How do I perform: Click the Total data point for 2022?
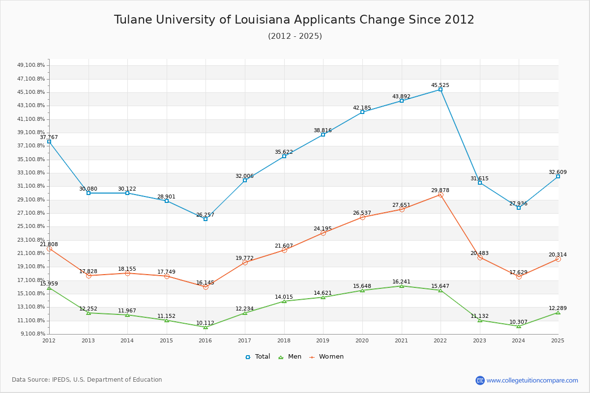(x=441, y=89)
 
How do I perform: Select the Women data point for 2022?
(x=441, y=195)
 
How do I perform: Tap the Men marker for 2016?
(x=206, y=327)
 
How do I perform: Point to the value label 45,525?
(x=440, y=85)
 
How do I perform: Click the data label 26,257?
(x=205, y=215)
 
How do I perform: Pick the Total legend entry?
(x=258, y=357)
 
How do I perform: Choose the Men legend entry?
(x=290, y=357)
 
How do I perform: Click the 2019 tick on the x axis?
(x=323, y=340)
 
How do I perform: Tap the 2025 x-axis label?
(x=558, y=340)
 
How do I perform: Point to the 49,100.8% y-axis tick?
(x=31, y=65)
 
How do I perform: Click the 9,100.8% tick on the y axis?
(x=32, y=334)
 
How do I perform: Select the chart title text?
(x=294, y=20)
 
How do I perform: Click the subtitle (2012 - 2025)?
(x=295, y=36)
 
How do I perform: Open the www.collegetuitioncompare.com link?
(x=532, y=380)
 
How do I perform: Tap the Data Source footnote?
(x=87, y=380)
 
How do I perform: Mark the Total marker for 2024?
(x=519, y=208)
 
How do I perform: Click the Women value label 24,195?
(x=323, y=228)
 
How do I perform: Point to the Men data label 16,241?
(x=401, y=281)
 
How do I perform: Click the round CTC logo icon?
(x=480, y=380)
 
